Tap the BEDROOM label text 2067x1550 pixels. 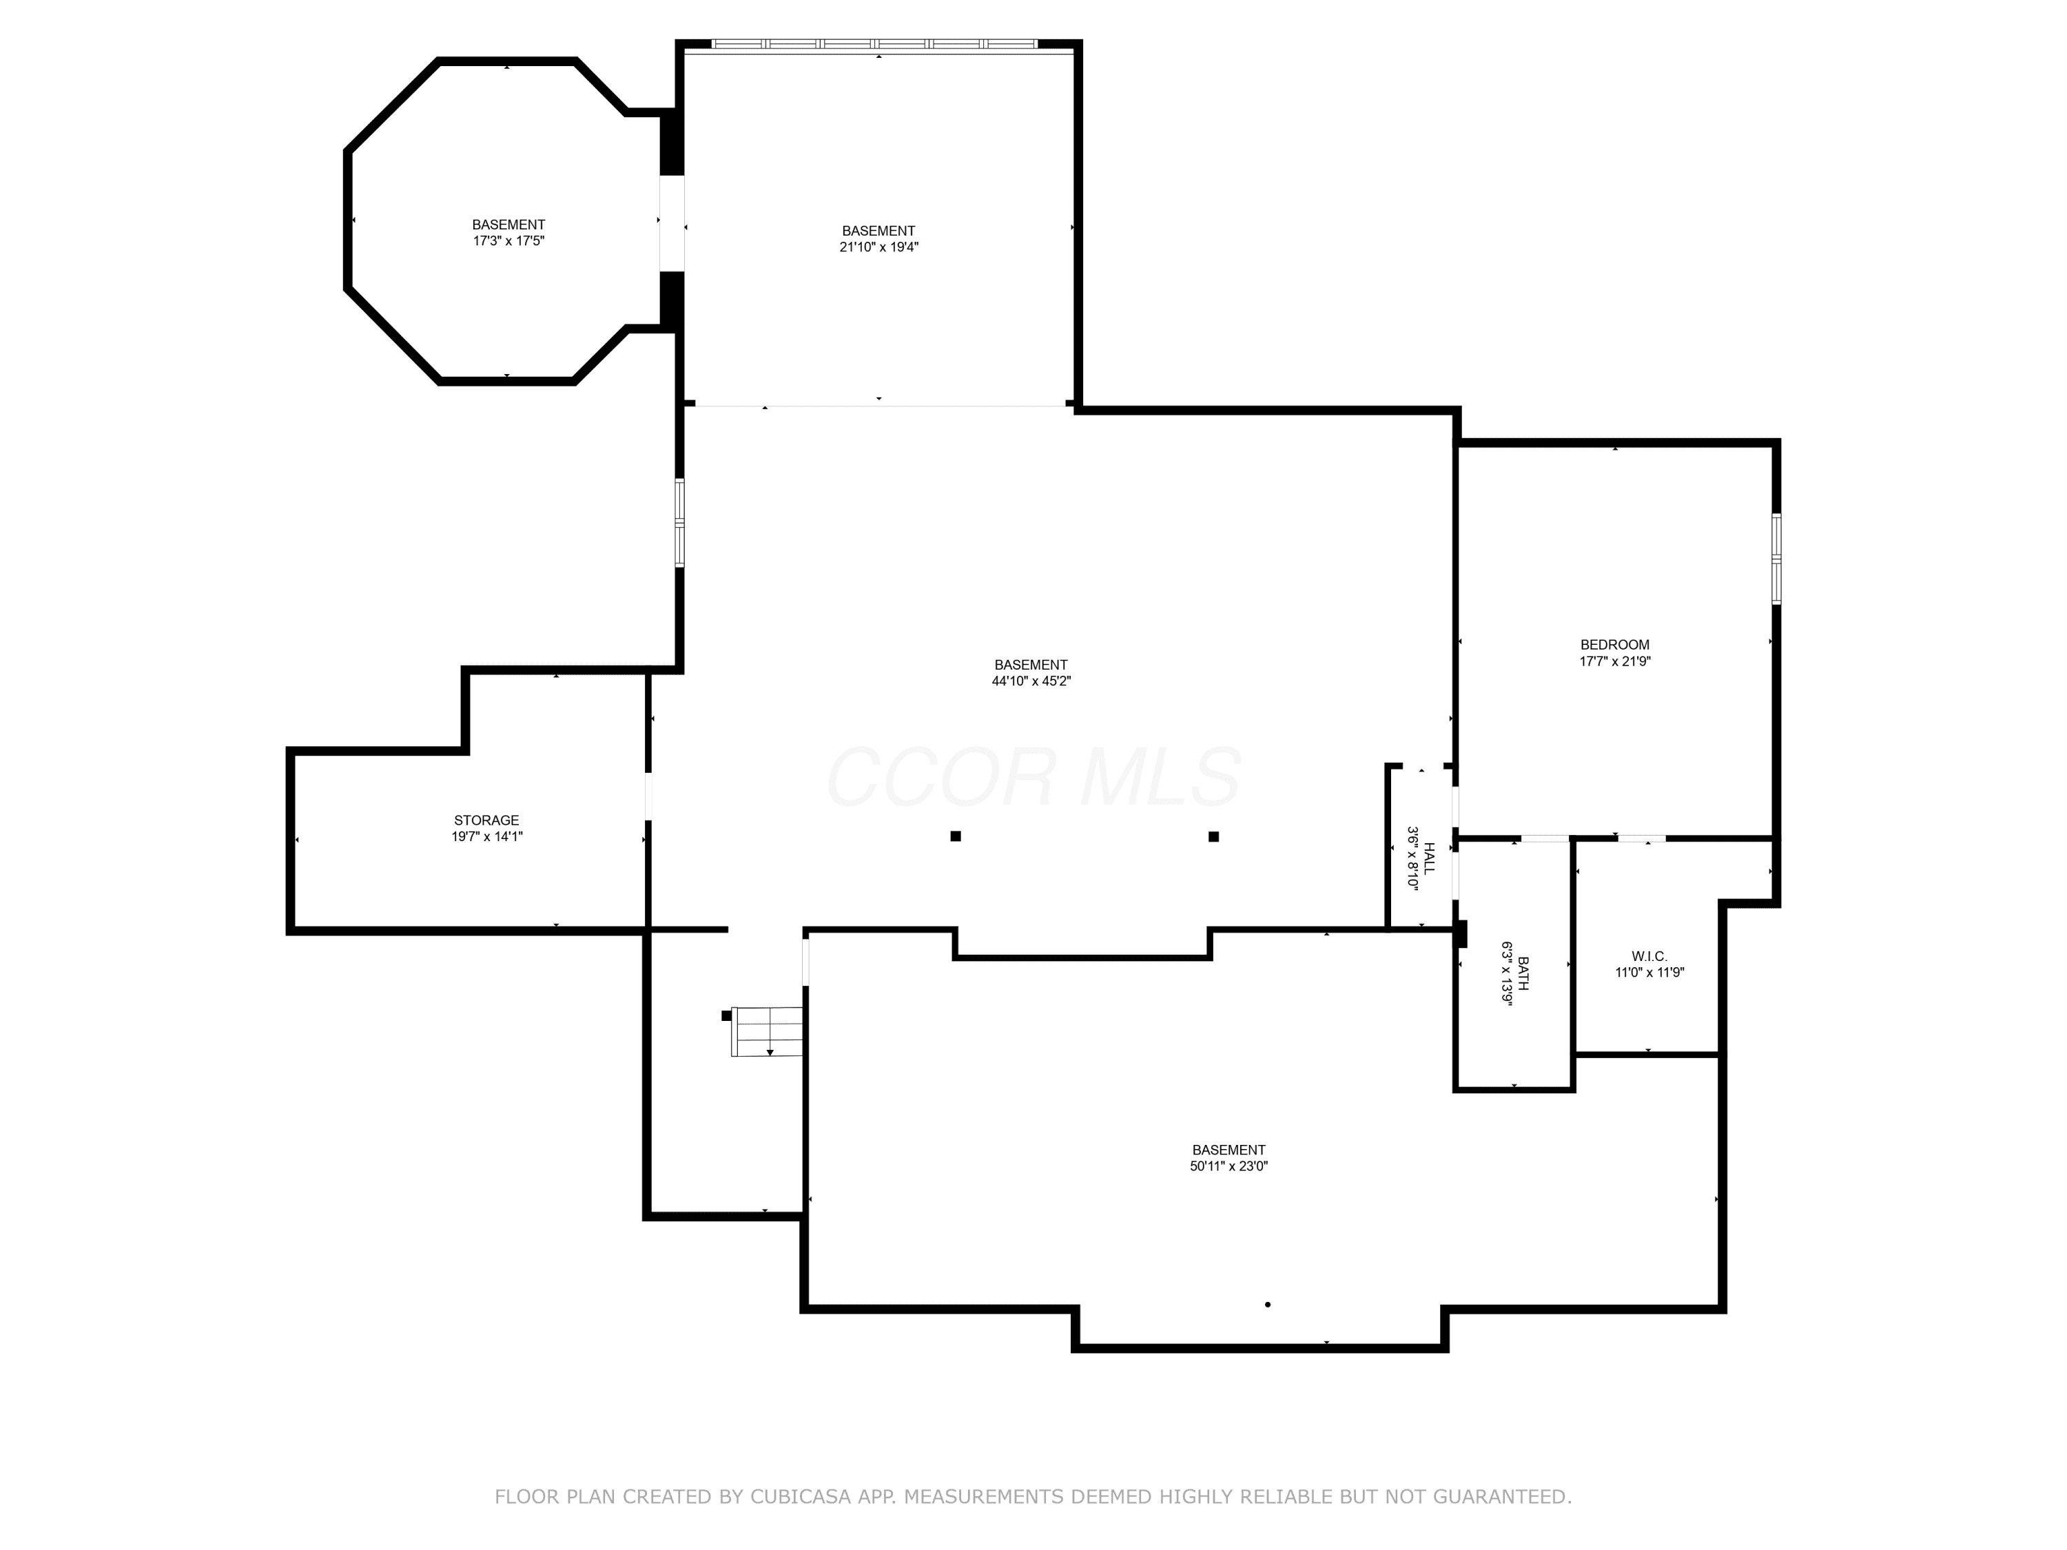(1615, 645)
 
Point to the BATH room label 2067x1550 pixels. (1523, 973)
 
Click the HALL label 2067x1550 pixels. (1429, 858)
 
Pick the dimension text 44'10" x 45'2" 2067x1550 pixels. (1031, 681)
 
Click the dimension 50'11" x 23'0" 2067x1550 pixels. (1228, 1166)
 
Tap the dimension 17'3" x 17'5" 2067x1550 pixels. (508, 240)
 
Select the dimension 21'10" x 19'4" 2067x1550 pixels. (878, 247)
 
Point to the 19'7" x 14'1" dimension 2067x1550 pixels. (487, 836)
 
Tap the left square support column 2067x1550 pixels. (955, 836)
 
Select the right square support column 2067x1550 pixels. (1213, 836)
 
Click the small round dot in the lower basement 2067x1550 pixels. (1267, 1304)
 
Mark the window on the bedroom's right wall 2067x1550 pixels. (1776, 559)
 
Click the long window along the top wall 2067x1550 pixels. (874, 43)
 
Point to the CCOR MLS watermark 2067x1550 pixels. (1033, 777)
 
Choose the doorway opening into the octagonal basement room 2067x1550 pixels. (672, 223)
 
